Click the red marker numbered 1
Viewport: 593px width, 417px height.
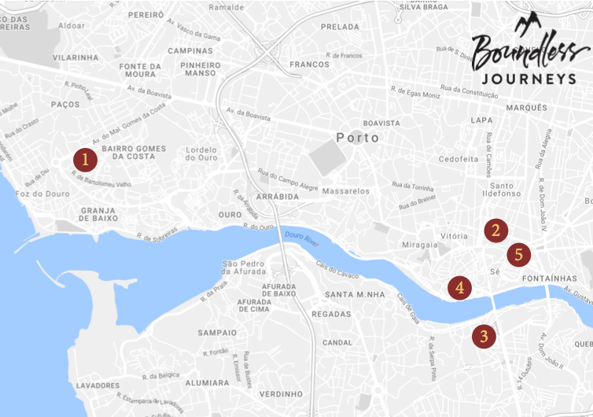85,160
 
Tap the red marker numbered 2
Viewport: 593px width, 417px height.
495,230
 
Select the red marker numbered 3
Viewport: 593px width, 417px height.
484,336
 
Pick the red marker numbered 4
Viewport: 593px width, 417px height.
460,287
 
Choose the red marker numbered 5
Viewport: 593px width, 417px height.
518,255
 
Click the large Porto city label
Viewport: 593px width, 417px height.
357,138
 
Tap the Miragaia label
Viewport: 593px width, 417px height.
418,245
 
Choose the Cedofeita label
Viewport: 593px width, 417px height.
459,159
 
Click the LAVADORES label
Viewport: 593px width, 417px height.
98,386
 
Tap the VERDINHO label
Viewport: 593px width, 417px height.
281,393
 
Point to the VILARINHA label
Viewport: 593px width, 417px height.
76,57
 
